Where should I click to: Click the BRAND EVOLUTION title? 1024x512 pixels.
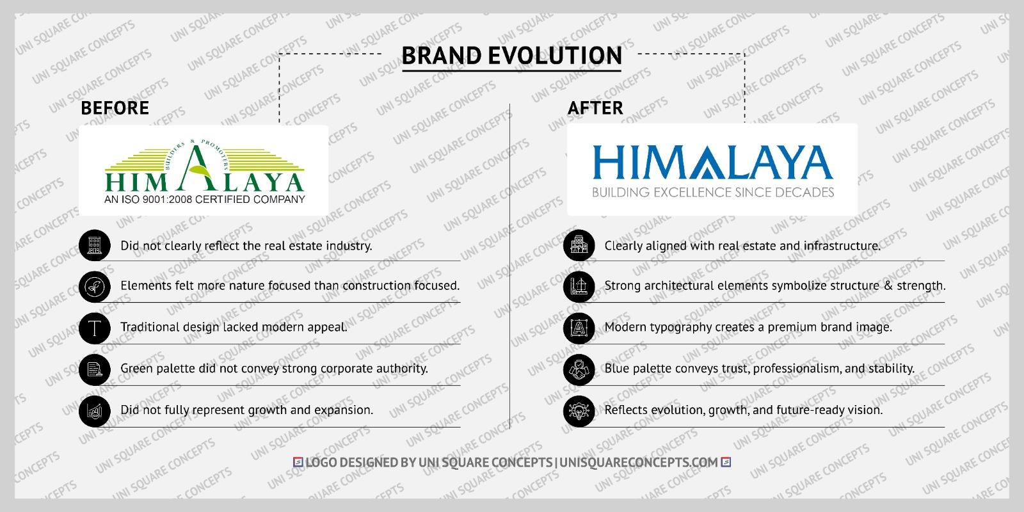tap(511, 56)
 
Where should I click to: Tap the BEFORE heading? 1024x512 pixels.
tap(115, 108)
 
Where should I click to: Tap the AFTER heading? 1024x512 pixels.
tap(595, 108)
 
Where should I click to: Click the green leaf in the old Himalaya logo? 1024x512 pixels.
tap(200, 171)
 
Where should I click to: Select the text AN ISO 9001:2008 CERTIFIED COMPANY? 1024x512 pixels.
tap(205, 200)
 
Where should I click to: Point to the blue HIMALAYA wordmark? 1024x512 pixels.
tap(712, 163)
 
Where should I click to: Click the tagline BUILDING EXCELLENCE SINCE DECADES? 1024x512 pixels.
tap(712, 193)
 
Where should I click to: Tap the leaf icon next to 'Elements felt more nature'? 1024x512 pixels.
tap(95, 287)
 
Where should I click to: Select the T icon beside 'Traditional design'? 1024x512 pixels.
tap(95, 328)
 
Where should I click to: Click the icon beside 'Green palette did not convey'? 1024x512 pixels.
tap(95, 369)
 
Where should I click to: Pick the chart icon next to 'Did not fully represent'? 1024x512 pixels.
tap(95, 411)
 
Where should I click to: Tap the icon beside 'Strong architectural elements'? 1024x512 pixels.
tap(579, 287)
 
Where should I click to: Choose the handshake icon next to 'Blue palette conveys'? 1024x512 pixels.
tap(579, 369)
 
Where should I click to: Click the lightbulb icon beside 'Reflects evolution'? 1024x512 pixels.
tap(579, 411)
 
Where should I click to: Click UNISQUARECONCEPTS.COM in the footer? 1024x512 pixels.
tap(639, 462)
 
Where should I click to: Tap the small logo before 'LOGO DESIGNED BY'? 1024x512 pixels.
tap(298, 462)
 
